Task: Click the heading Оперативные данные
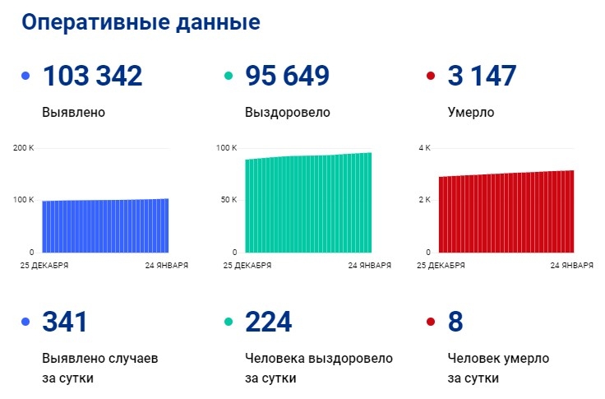[141, 22]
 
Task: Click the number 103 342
[92, 76]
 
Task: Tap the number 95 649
[287, 76]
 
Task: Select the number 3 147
[482, 76]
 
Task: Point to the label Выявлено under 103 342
[73, 112]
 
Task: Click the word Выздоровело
[287, 112]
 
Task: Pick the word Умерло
[471, 112]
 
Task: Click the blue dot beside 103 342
[25, 77]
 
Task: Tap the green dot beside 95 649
[229, 77]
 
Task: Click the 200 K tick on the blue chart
[25, 148]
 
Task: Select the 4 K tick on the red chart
[425, 148]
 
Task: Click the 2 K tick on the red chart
[425, 200]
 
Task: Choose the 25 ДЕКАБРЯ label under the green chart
[247, 266]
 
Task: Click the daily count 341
[64, 322]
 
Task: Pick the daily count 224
[268, 322]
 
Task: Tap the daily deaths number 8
[455, 322]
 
